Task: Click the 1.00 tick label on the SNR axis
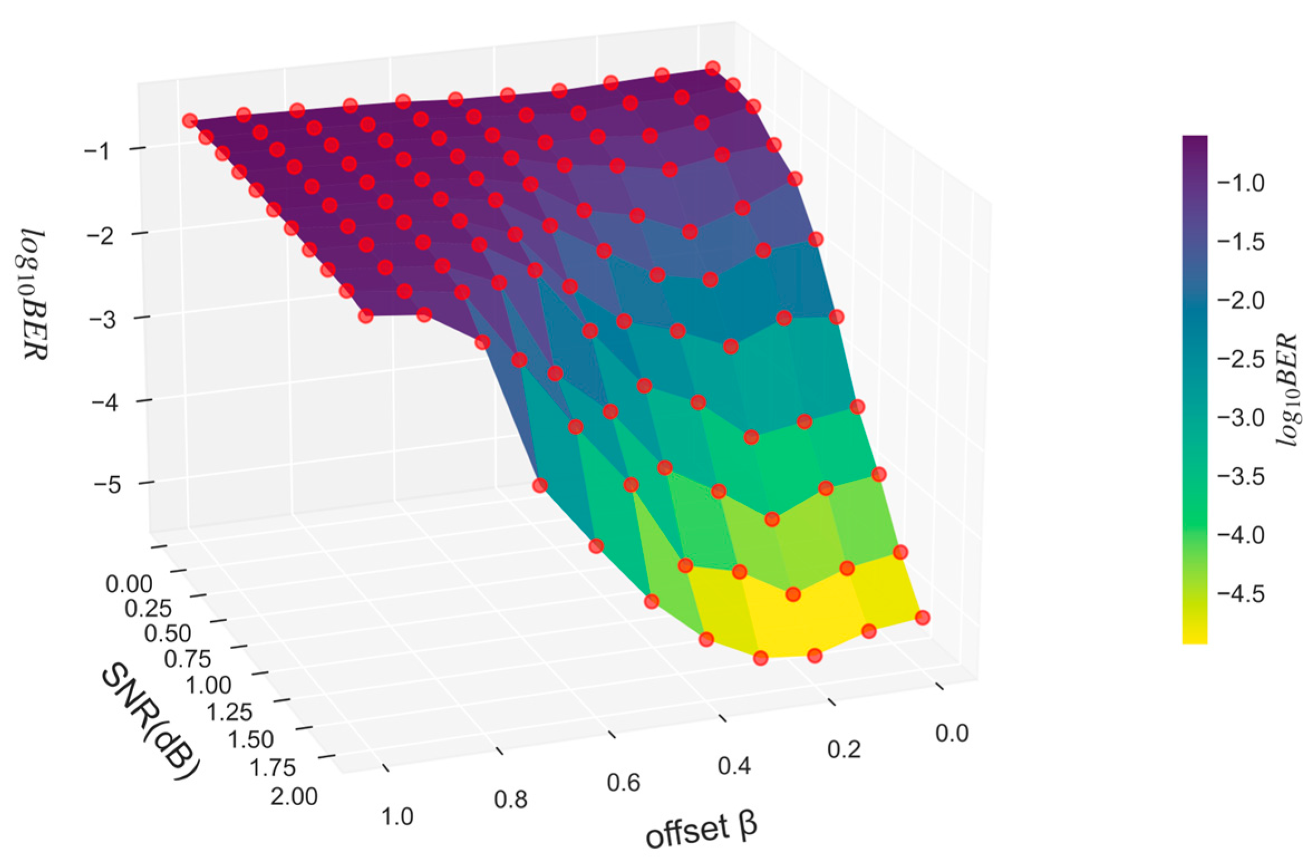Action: (x=208, y=685)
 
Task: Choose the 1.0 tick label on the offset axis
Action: (x=397, y=816)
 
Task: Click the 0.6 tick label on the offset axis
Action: (x=623, y=783)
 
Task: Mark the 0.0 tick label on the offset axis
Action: (x=952, y=733)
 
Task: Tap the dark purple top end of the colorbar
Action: (x=1194, y=142)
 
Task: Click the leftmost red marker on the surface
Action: (x=190, y=120)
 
